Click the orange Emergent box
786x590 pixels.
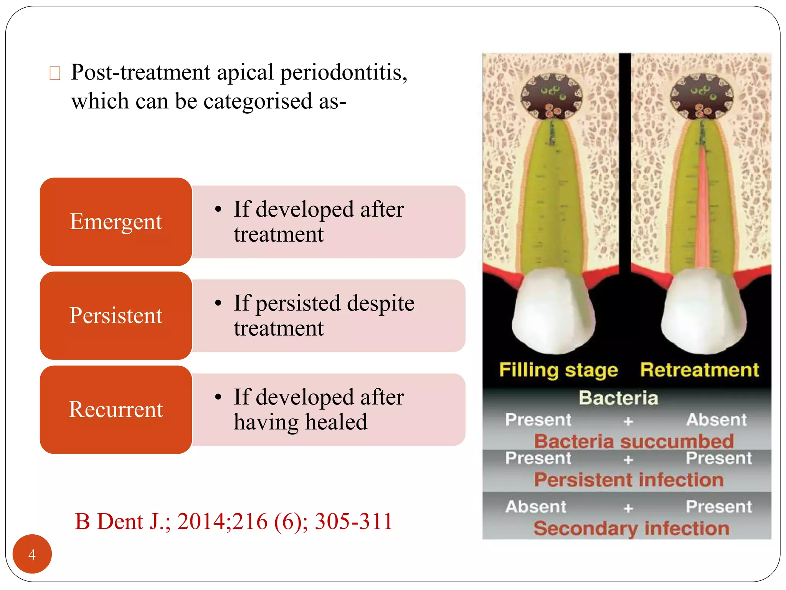[116, 222]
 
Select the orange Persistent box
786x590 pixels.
[116, 315]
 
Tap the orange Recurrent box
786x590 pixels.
[116, 409]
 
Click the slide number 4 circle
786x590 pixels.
[32, 554]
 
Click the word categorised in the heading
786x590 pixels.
[258, 101]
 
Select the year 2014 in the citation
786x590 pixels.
[203, 521]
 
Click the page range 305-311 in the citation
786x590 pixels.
[353, 521]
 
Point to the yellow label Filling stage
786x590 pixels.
[558, 370]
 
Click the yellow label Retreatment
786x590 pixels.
[699, 370]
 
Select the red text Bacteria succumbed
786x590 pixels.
[634, 441]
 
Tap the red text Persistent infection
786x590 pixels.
[629, 479]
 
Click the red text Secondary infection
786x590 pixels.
[631, 528]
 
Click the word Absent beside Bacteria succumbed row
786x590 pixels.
[716, 419]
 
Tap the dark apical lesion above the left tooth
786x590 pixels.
[552, 96]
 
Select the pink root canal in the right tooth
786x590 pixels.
[703, 207]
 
